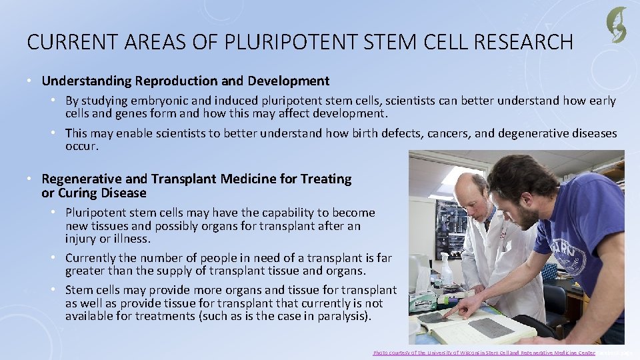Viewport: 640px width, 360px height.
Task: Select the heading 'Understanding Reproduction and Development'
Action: [x=185, y=81]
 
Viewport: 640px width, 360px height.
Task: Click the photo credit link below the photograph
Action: [x=483, y=352]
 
